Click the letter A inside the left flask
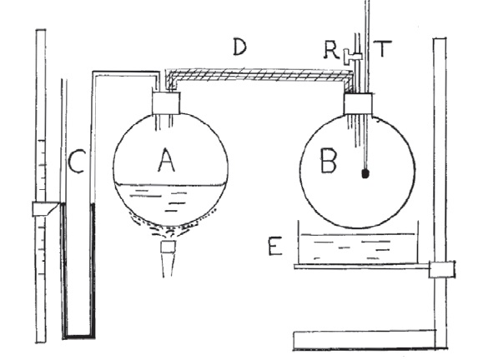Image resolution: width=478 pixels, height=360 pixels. (167, 160)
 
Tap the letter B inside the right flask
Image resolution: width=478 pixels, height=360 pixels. (329, 160)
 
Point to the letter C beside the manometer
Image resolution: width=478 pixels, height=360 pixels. (76, 162)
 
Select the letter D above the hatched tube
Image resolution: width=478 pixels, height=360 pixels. (239, 47)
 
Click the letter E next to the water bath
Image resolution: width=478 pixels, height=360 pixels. (275, 247)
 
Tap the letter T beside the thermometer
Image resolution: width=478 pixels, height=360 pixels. (383, 48)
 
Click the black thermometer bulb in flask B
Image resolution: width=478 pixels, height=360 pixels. (365, 173)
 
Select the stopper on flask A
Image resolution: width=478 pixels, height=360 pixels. (166, 103)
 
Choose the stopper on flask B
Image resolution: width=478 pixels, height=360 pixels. (358, 104)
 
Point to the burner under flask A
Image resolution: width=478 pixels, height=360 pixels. (168, 258)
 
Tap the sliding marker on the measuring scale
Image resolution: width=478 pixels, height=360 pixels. (46, 209)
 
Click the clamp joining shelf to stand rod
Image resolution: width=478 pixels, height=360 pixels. (442, 269)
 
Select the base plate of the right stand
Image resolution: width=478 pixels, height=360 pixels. (365, 340)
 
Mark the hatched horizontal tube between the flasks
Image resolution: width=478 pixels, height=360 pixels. (259, 75)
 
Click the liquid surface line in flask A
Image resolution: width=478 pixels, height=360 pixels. (170, 184)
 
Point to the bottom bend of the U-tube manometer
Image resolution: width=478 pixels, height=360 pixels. (78, 336)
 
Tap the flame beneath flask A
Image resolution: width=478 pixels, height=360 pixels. (172, 225)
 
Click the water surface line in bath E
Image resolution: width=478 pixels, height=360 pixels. (358, 234)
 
